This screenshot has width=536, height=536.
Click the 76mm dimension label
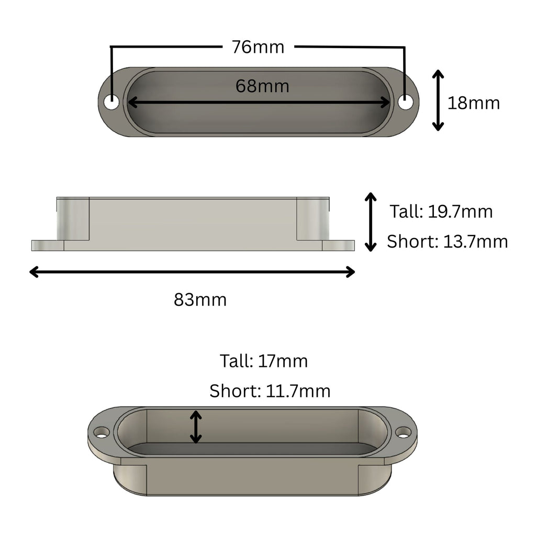(258, 47)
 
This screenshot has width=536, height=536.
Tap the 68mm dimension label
(262, 86)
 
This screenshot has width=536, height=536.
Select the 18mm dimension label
(473, 103)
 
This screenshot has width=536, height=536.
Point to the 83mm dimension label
(200, 300)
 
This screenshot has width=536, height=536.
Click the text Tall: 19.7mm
(441, 211)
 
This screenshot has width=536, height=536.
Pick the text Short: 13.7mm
(448, 242)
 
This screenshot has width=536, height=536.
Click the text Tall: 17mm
(264, 361)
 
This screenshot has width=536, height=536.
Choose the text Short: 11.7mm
(270, 391)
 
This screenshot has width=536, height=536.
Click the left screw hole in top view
(111, 102)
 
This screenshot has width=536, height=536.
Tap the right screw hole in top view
(406, 102)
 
